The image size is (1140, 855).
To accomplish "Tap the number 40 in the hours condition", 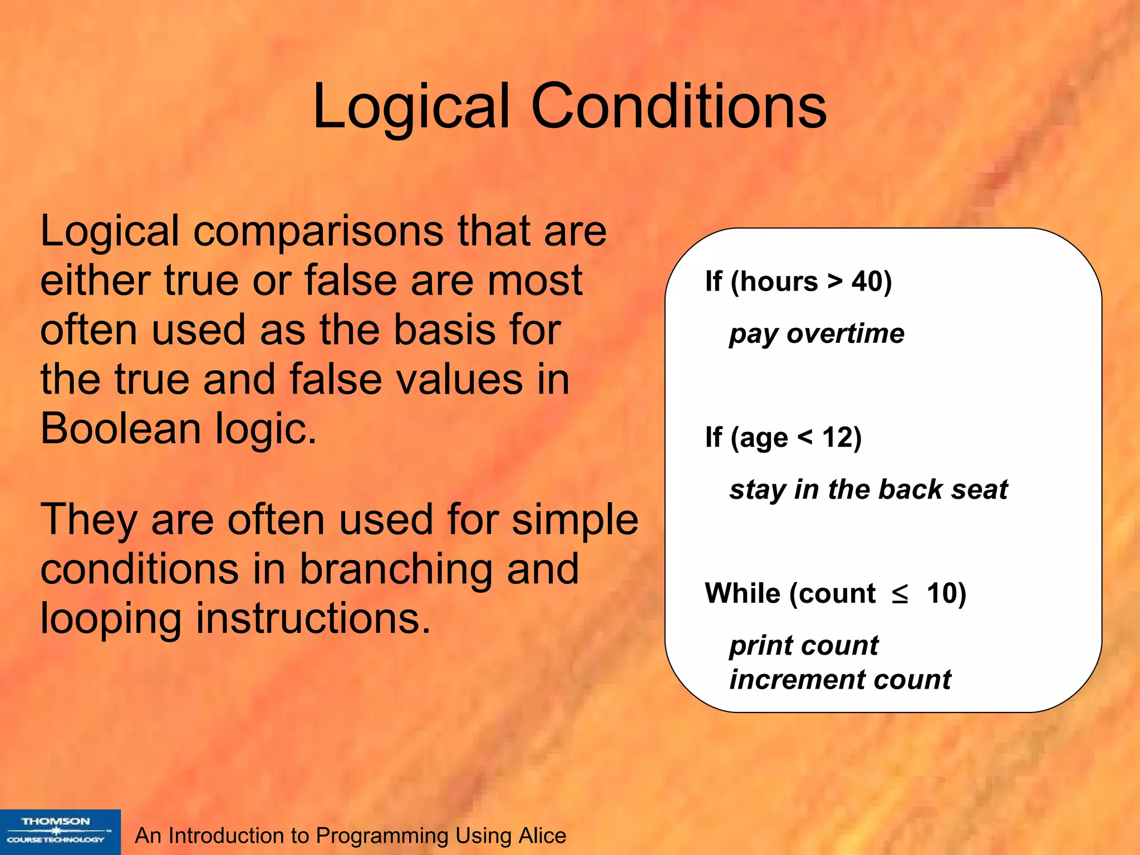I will [x=867, y=282].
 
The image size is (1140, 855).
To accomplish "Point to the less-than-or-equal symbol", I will [x=900, y=594].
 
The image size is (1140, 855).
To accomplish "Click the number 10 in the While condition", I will [x=941, y=593].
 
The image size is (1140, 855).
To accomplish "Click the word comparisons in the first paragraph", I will [x=317, y=232].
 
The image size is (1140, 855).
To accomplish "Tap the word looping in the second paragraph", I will [x=110, y=620].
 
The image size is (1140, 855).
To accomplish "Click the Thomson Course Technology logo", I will [x=60, y=832].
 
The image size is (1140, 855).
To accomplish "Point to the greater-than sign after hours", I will [x=834, y=282].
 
